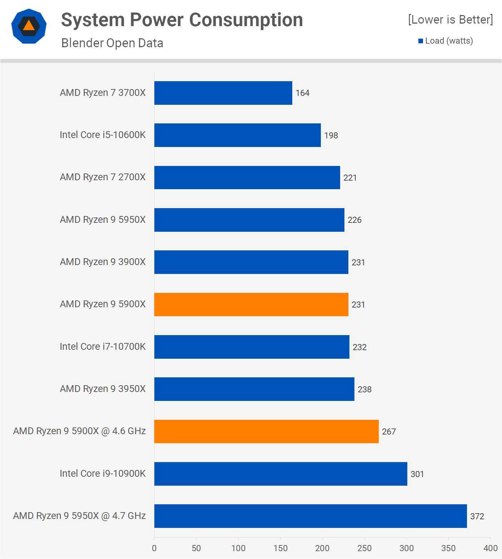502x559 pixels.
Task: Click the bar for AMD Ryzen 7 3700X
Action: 223,93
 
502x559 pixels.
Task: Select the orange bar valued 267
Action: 266,431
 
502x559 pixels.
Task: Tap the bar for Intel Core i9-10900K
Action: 280,474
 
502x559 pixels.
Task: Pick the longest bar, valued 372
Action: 310,516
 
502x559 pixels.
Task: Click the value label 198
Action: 331,136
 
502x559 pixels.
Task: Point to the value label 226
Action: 354,220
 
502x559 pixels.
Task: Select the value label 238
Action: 364,389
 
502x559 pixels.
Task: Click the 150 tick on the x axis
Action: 280,548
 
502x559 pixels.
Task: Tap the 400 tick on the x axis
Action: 490,548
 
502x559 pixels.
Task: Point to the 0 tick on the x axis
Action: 154,548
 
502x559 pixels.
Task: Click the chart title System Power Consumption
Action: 182,20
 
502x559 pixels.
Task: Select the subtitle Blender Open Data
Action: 112,43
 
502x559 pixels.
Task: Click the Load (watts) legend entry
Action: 446,41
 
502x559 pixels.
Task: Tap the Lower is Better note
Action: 450,20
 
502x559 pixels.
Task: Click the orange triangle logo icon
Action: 29,26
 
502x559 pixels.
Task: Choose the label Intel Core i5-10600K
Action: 103,135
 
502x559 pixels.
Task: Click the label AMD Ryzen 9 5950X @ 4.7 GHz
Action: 79,516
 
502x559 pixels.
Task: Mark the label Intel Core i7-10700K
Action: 103,347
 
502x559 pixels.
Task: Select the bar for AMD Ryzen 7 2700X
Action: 247,177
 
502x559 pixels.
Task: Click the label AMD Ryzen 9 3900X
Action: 103,262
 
